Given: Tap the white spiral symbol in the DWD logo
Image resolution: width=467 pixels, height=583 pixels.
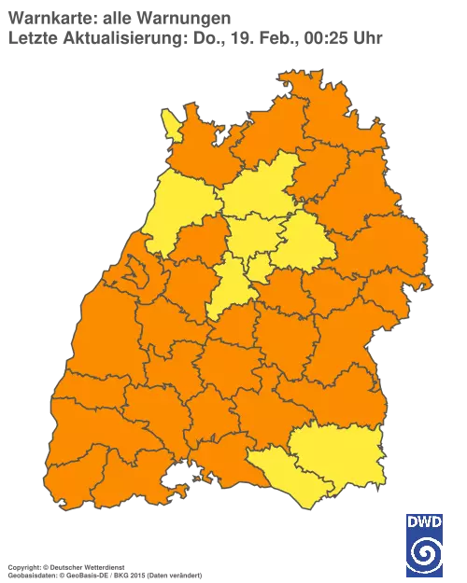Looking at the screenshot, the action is (424, 555).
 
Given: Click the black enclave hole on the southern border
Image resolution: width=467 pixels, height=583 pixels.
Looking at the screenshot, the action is (174, 482).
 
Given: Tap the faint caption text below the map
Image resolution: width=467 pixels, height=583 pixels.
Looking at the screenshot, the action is (103, 566).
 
